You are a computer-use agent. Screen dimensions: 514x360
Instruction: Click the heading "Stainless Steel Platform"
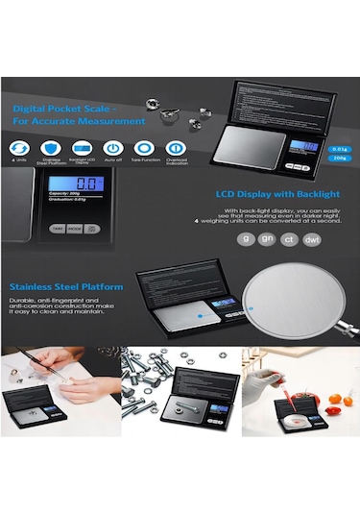click(x=66, y=287)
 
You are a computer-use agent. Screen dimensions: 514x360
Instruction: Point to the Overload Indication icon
click(x=176, y=148)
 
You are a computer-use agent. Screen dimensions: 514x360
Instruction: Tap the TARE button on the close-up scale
click(x=57, y=229)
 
